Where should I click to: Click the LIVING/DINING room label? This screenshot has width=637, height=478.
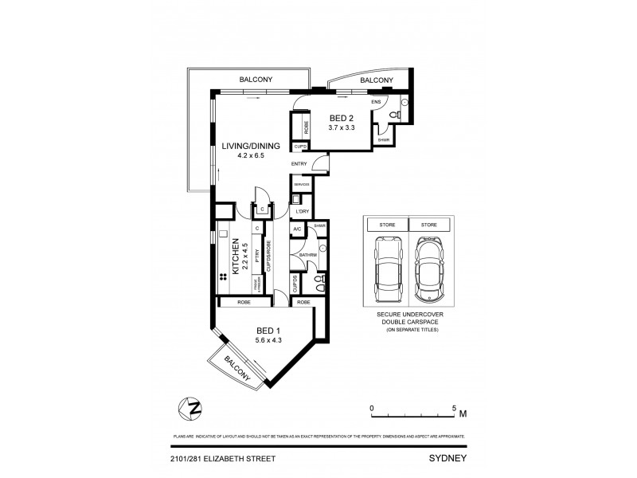(x=251, y=146)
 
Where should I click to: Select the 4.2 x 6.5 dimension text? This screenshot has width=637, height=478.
(x=251, y=156)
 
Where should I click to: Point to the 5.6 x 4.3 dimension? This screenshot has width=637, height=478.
(x=270, y=340)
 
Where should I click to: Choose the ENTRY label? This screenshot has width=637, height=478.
(x=299, y=164)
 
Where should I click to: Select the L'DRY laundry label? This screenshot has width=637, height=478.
(x=302, y=211)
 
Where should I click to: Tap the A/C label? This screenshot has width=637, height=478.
(x=297, y=229)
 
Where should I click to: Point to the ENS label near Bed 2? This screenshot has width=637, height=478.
(x=377, y=102)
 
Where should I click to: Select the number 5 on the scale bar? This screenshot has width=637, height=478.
(x=454, y=408)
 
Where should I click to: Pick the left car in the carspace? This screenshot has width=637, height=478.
(x=385, y=270)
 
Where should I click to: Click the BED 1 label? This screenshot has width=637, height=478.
(x=268, y=330)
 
